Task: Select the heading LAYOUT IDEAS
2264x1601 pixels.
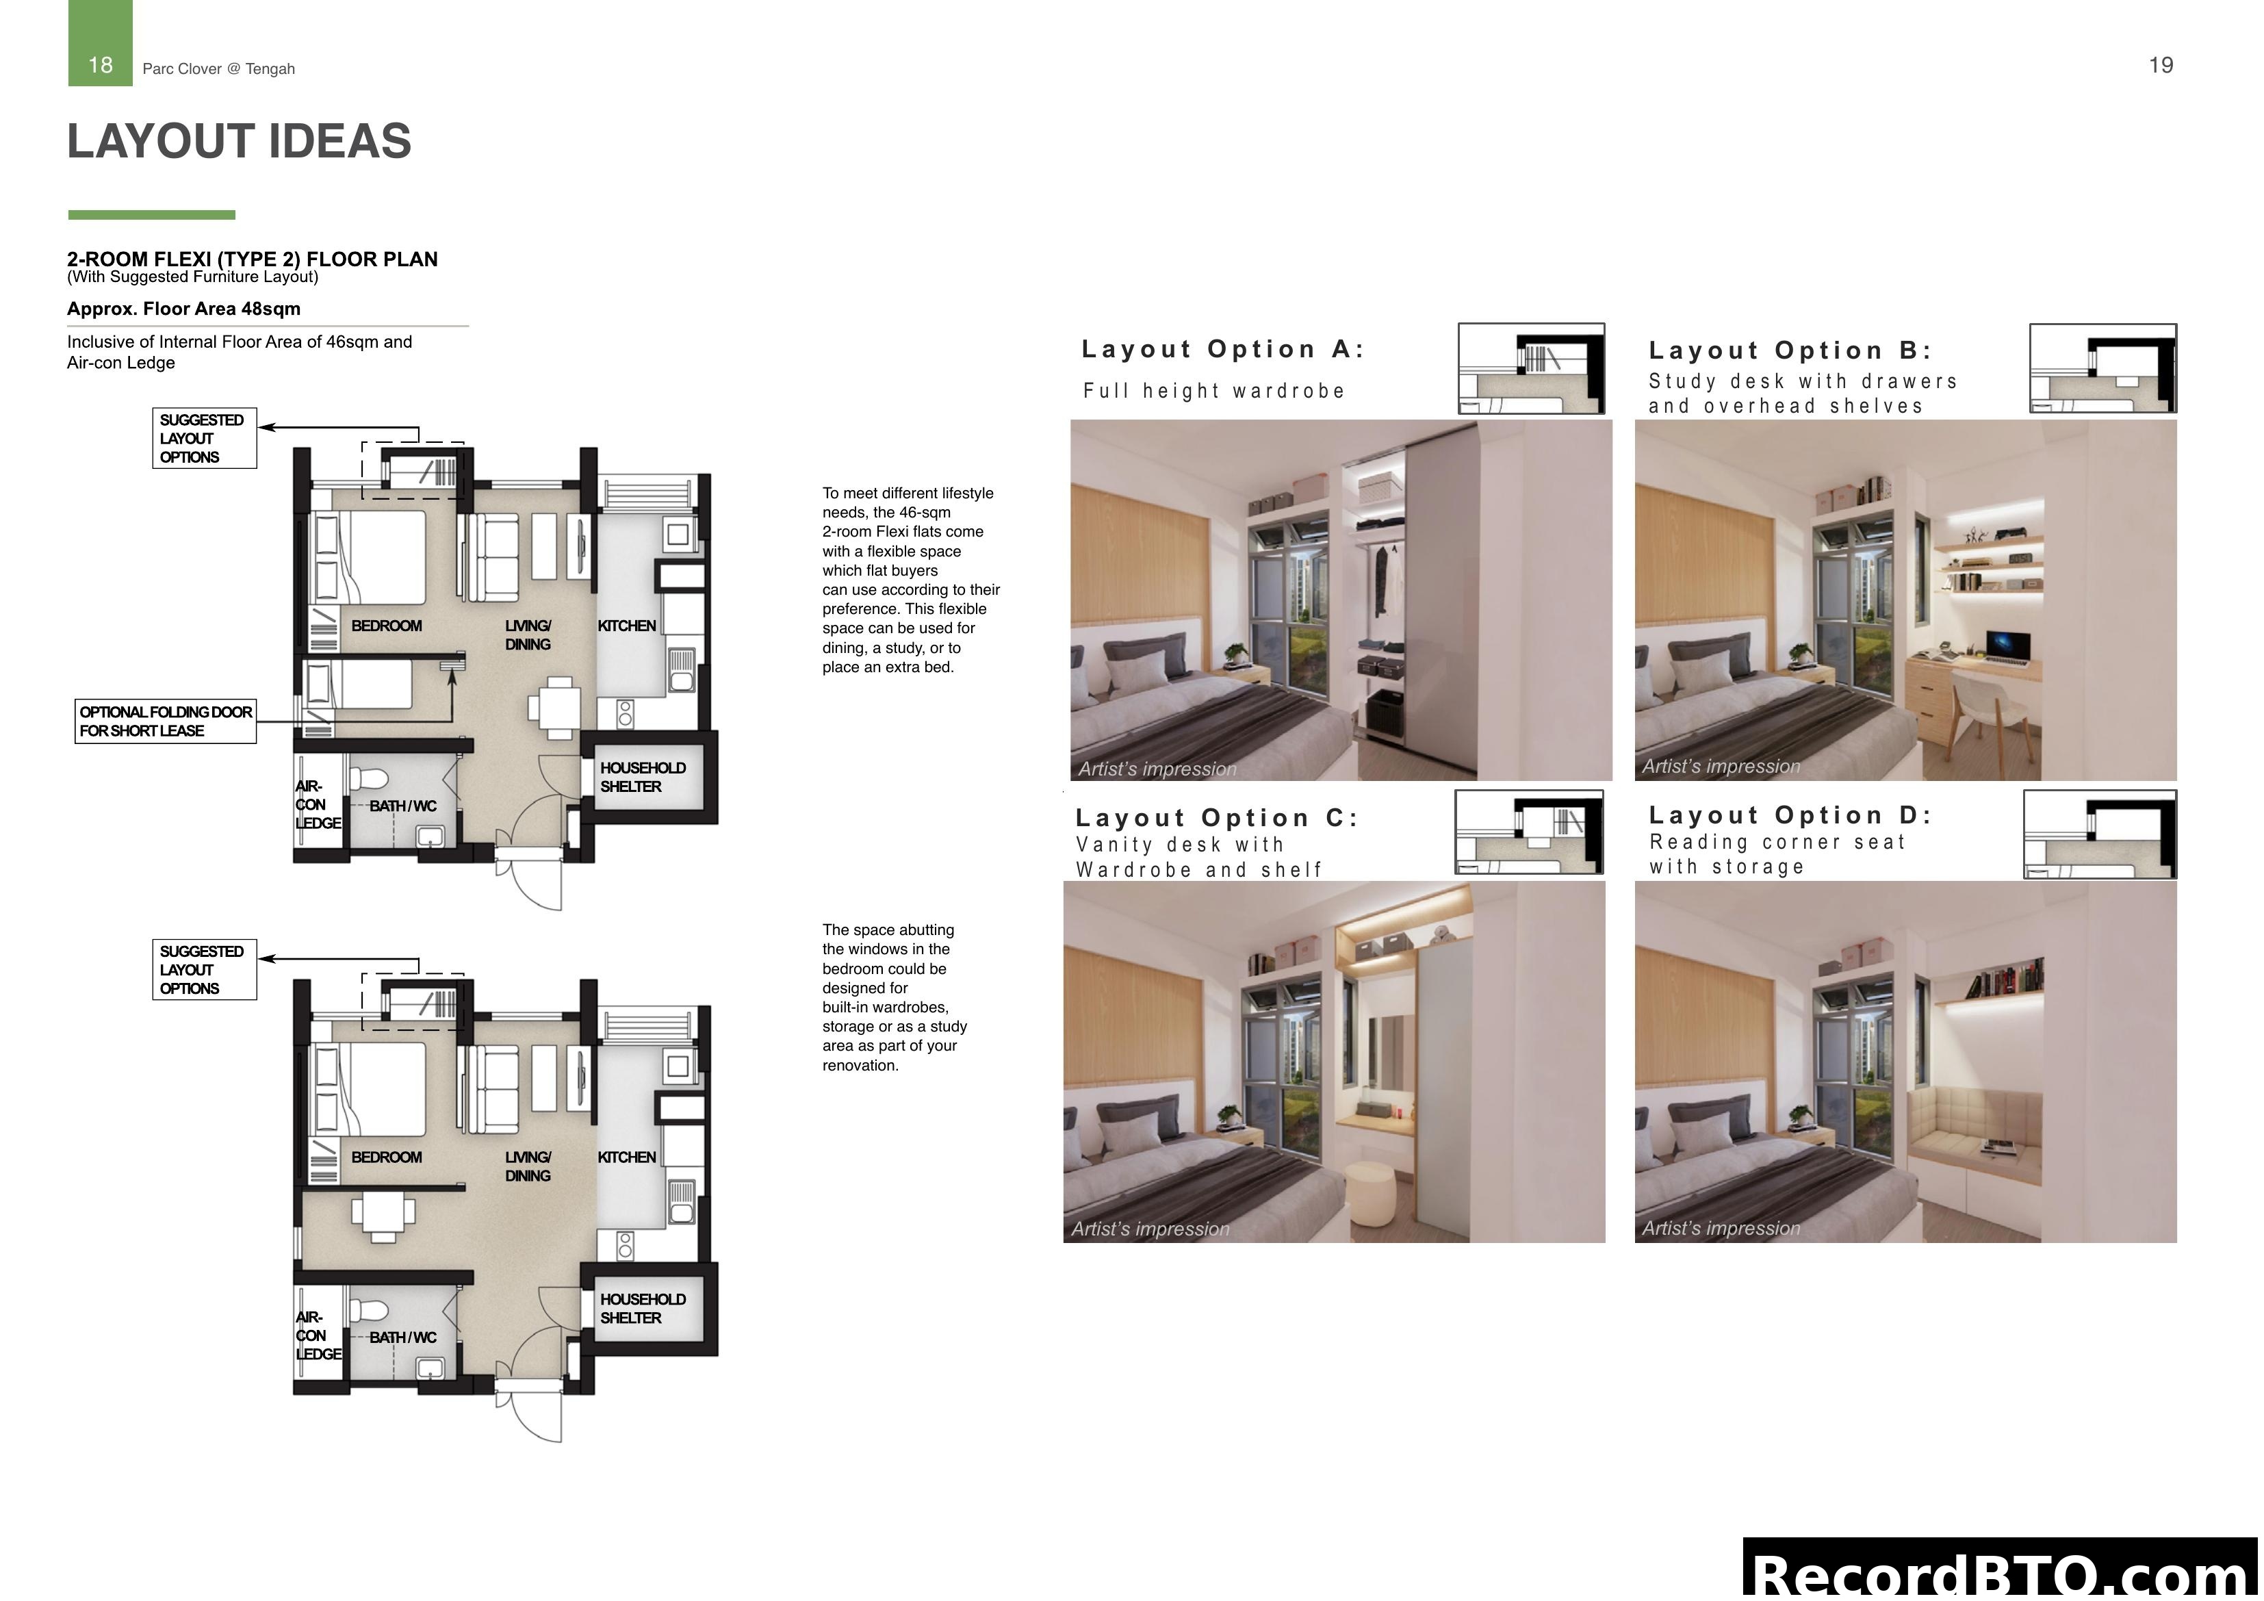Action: tap(239, 141)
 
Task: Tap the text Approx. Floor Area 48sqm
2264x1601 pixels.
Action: tap(183, 309)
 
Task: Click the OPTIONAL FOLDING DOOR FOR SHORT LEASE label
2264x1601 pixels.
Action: tap(165, 721)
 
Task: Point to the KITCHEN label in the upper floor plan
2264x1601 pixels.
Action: tap(626, 626)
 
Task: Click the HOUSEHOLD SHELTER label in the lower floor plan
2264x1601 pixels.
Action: tap(642, 1308)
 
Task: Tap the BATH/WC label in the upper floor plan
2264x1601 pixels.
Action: tap(402, 806)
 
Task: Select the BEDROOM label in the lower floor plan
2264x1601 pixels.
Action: tap(385, 1157)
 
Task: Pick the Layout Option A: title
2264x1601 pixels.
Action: tap(1222, 349)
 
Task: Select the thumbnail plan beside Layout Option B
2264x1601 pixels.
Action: tap(2102, 369)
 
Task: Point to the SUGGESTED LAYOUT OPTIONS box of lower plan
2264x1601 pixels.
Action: tap(204, 970)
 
